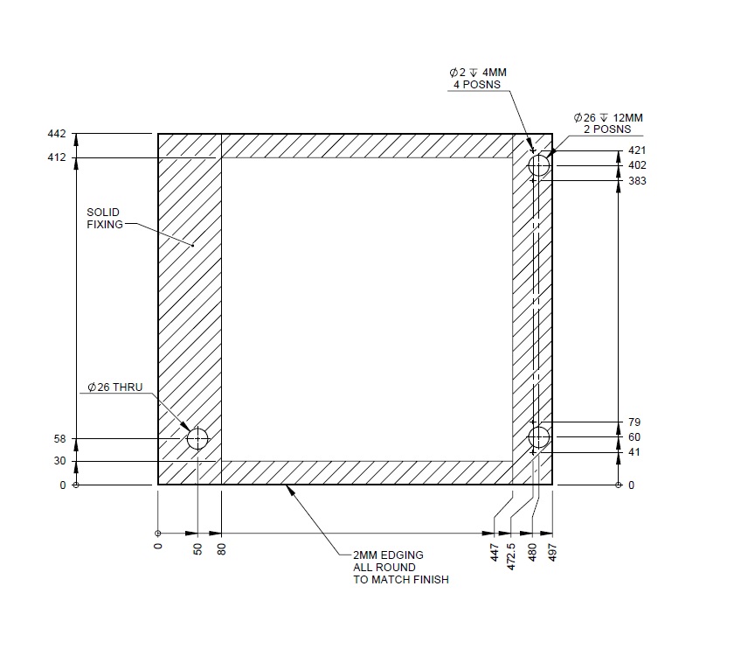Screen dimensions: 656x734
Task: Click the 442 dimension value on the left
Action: coord(56,134)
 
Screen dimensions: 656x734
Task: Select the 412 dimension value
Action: coord(56,157)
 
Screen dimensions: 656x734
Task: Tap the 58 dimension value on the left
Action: coord(59,439)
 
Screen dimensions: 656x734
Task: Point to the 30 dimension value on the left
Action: coord(59,462)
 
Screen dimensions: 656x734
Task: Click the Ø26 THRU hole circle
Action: coord(197,438)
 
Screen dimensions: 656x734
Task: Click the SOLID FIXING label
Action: coord(103,218)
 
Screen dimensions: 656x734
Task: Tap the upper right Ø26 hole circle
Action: coord(539,165)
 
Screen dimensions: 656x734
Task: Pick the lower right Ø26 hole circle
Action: coord(539,436)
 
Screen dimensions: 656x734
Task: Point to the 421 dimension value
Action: coord(637,150)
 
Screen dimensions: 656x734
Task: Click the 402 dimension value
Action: coord(637,165)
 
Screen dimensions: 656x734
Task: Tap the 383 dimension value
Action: coord(637,181)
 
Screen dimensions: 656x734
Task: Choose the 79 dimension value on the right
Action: coord(634,422)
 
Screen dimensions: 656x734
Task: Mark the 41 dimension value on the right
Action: coord(634,453)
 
